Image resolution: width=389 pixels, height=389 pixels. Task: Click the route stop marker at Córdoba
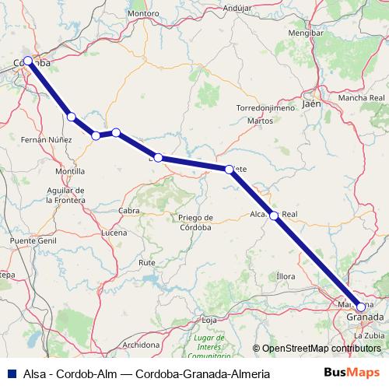pos(28,61)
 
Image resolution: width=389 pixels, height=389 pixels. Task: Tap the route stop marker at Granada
pos(360,307)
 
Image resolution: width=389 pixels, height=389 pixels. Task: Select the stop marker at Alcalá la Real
pos(274,216)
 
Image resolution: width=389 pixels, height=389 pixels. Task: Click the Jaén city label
pos(311,103)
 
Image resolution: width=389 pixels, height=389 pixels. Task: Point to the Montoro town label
pos(143,13)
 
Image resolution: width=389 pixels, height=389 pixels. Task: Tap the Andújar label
pos(237,8)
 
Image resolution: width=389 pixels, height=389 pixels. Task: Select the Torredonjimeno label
pos(265,108)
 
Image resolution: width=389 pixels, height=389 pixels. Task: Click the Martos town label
pos(260,121)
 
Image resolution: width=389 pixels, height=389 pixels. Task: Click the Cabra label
pos(129,211)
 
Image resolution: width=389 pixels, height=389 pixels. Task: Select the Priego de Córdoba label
pos(195,222)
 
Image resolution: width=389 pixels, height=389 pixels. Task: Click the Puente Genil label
pos(30,241)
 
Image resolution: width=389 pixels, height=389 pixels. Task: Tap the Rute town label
pos(146,263)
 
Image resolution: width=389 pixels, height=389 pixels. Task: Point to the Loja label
pos(209,320)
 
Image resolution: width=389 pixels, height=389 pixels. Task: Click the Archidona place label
pos(142,344)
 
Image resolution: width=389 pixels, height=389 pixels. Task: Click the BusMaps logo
pos(356,373)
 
